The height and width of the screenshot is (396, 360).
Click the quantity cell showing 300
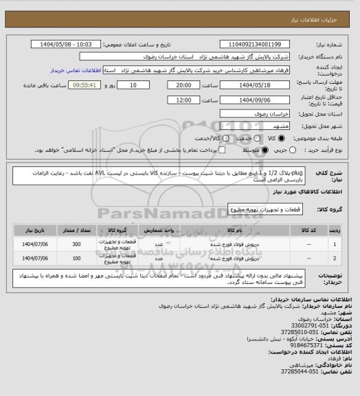point(76,244)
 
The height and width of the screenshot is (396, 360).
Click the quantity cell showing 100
point(76,258)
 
